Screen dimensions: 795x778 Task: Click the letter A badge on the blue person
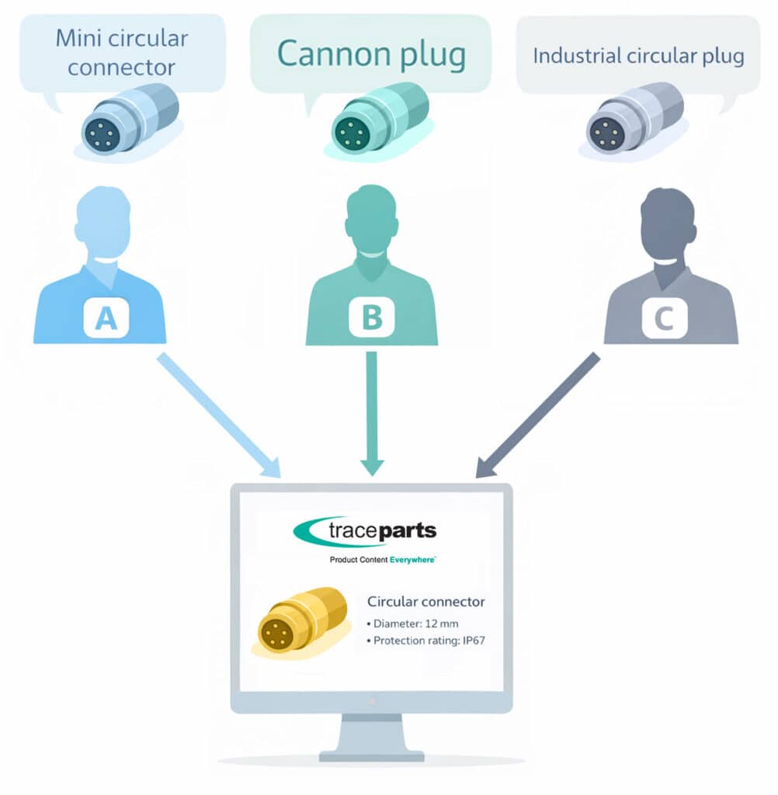[x=106, y=318]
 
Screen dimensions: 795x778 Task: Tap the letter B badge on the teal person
[x=371, y=318]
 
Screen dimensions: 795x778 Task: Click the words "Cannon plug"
[x=371, y=55]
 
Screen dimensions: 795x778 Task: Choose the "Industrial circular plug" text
[x=638, y=56]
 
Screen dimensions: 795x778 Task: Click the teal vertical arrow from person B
[x=372, y=412]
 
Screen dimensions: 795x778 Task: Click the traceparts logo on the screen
[x=365, y=532]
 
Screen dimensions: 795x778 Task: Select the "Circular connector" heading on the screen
[x=425, y=601]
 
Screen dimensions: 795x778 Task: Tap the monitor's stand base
[x=372, y=754]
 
